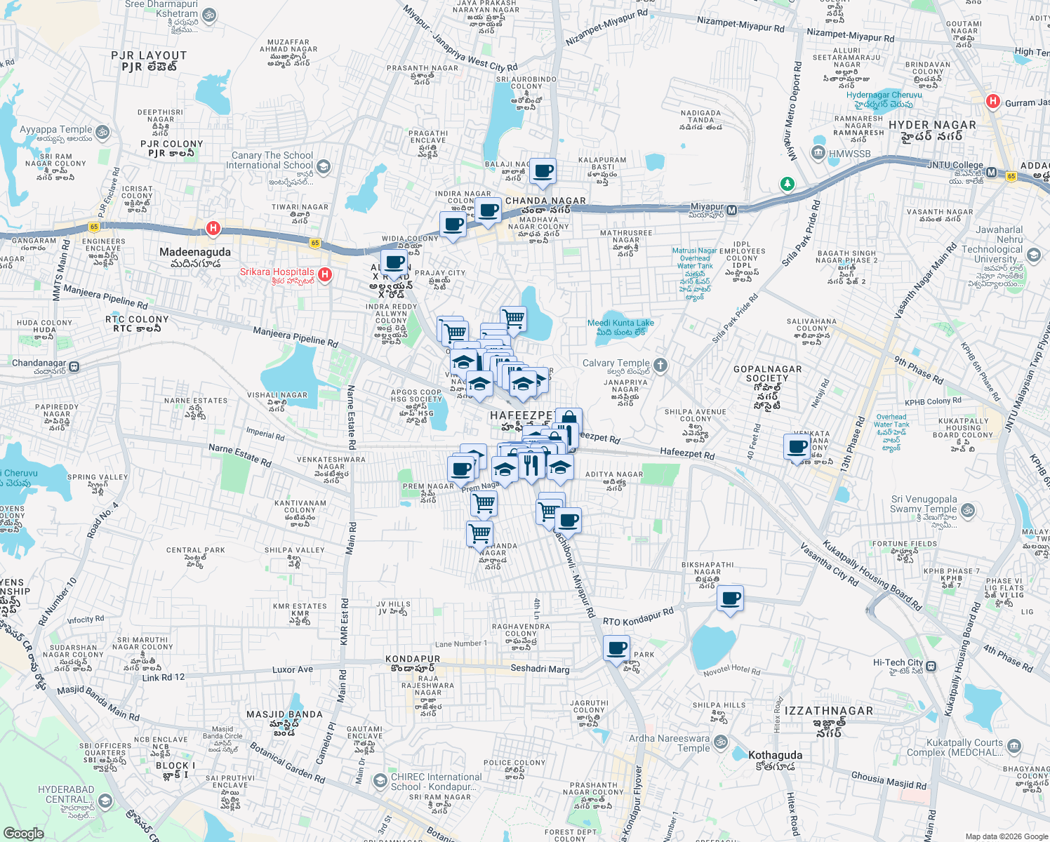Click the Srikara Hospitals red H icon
(325, 274)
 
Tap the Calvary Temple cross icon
(660, 364)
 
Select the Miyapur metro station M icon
(732, 210)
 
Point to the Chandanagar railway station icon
(75, 366)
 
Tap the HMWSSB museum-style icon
(818, 153)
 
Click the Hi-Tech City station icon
(931, 665)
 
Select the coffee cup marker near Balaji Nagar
(543, 171)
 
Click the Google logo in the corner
(23, 833)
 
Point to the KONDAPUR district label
(413, 659)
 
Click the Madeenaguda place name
(195, 252)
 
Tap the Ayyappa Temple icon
(102, 131)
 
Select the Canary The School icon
(323, 166)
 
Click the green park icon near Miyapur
(787, 184)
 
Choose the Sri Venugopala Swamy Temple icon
(968, 510)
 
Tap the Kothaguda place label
(775, 755)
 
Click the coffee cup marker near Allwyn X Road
(395, 264)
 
